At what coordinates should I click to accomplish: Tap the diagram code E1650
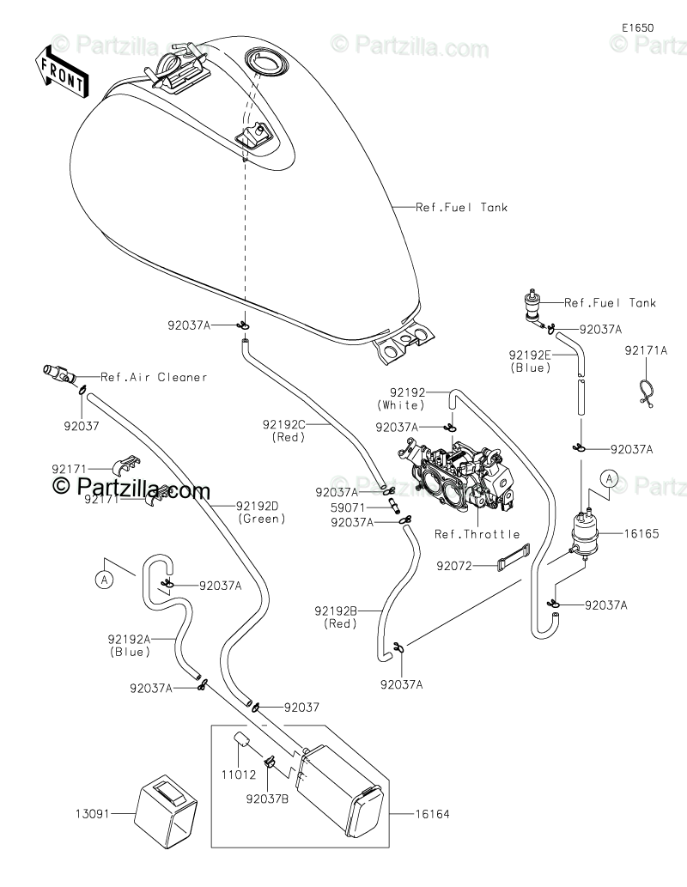(638, 27)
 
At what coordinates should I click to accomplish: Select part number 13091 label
(92, 814)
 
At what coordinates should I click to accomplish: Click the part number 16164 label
(432, 814)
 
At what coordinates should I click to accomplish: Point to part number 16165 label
(641, 533)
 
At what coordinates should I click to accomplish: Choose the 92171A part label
(646, 350)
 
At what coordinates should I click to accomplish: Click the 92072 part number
(454, 566)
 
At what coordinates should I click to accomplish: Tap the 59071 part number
(348, 508)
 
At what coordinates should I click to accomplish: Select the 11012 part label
(238, 775)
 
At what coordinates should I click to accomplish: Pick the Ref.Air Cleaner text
(154, 377)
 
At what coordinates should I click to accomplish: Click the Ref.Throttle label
(477, 534)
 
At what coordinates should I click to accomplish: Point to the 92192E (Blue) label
(530, 361)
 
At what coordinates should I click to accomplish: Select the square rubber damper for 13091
(165, 811)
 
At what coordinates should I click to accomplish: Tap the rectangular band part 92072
(514, 557)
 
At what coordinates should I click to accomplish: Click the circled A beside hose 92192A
(104, 580)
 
